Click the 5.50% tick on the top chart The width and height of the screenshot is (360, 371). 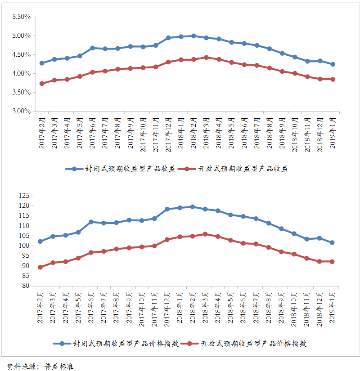pyautogui.click(x=22, y=17)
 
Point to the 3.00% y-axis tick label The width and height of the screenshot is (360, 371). pyautogui.click(x=22, y=111)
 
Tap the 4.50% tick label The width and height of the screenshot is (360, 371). pyautogui.click(x=22, y=54)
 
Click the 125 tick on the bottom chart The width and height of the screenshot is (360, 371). pyautogui.click(x=24, y=196)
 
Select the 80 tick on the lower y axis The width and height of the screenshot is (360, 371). pyautogui.click(x=26, y=286)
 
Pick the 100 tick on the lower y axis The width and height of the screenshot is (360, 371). pyautogui.click(x=24, y=246)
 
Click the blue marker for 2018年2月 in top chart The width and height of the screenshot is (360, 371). pyautogui.click(x=193, y=36)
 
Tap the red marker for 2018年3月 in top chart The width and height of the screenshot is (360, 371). pyautogui.click(x=206, y=58)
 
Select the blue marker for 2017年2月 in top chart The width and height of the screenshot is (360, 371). pyautogui.click(x=42, y=63)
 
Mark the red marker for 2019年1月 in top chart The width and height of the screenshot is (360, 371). pyautogui.click(x=333, y=79)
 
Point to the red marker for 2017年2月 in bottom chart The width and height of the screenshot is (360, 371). pyautogui.click(x=40, y=267)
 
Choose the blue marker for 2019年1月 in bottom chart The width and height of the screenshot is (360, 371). pyautogui.click(x=332, y=242)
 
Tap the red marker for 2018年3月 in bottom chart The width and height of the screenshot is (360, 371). pyautogui.click(x=206, y=234)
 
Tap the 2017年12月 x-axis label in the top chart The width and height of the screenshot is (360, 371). pyautogui.click(x=168, y=133)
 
